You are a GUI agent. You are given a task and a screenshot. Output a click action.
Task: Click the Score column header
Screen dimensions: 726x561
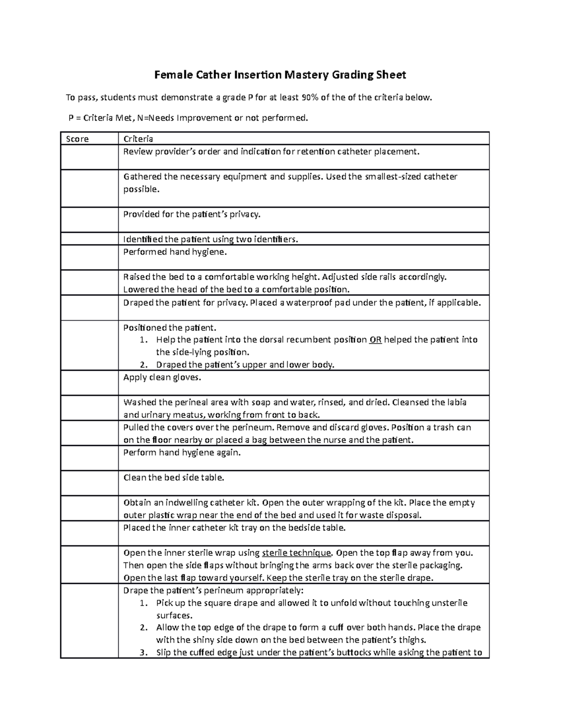tap(78, 139)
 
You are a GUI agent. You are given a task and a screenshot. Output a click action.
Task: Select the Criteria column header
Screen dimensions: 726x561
tap(138, 139)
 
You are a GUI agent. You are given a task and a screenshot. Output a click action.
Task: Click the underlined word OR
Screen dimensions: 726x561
tap(375, 340)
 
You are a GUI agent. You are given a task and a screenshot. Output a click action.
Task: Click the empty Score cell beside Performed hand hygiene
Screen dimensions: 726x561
tap(89, 257)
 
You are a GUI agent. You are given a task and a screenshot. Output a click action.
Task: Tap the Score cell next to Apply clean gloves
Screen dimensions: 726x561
tap(89, 383)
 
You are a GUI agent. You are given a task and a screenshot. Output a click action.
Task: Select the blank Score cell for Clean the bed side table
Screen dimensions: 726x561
tap(89, 483)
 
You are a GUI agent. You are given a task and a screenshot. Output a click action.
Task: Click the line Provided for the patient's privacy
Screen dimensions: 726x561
tap(191, 215)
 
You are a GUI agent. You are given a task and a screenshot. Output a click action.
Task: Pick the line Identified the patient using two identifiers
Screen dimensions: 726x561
tap(210, 239)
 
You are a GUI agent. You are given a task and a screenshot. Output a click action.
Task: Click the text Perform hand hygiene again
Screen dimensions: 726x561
tap(182, 453)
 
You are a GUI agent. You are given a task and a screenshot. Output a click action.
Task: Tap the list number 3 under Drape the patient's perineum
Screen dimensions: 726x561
tap(144, 653)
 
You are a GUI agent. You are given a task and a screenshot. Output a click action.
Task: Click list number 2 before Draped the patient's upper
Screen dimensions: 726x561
tap(144, 365)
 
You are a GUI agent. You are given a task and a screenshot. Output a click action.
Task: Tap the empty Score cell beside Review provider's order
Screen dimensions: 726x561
tap(89, 157)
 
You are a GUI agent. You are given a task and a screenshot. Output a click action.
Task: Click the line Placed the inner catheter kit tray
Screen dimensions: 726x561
tap(234, 528)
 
